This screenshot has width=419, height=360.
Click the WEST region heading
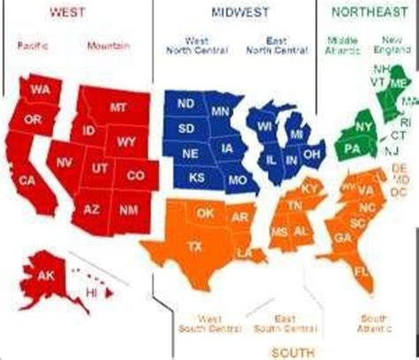[x=68, y=12]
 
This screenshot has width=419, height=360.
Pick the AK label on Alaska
[x=46, y=275]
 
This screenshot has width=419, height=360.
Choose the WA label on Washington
[x=39, y=91]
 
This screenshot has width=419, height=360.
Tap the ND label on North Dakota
[x=187, y=104]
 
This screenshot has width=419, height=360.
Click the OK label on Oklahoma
[x=205, y=213]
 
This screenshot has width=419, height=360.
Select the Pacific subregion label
[x=31, y=44]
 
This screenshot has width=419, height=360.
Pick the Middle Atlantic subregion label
[x=340, y=45]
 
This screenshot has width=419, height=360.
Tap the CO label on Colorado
[x=135, y=177]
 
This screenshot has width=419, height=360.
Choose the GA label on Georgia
[x=343, y=237]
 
